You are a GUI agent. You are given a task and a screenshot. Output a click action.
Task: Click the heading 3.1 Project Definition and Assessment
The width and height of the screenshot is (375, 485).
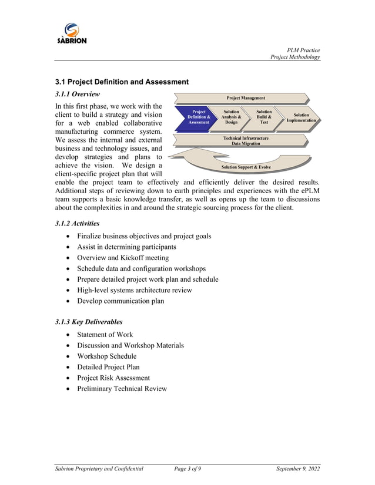pos(122,82)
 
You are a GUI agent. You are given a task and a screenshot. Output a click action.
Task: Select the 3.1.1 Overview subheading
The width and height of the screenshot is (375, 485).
pos(78,94)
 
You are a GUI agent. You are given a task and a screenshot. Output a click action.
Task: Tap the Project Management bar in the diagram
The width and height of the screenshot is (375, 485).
pos(246,98)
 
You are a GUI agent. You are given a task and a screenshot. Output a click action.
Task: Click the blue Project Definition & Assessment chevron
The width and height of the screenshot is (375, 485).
pos(198,117)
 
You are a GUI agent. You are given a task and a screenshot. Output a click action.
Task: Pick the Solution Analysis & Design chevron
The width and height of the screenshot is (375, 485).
pos(231,117)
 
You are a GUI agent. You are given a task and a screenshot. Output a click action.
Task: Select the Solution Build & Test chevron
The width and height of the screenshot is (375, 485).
pos(264,117)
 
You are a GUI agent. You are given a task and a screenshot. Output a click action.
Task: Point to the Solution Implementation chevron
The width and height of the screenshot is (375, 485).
pos(301,117)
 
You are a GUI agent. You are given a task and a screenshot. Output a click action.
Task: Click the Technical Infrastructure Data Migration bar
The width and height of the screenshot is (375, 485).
pos(246,140)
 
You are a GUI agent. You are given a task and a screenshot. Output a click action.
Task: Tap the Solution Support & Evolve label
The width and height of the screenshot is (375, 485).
pos(246,167)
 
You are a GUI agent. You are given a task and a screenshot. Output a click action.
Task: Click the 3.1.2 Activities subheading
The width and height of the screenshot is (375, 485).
pos(77,223)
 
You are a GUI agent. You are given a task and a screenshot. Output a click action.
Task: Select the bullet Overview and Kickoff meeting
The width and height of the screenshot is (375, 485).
pos(123,258)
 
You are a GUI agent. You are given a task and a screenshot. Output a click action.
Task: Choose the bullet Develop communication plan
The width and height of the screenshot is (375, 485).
pos(120,301)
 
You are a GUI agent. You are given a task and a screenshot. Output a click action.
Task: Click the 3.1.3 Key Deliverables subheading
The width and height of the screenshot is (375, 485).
pos(89,322)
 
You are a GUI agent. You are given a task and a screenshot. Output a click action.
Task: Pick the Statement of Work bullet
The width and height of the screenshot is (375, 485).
pos(105,335)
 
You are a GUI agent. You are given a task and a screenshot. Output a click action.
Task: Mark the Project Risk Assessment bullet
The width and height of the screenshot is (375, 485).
pos(113,378)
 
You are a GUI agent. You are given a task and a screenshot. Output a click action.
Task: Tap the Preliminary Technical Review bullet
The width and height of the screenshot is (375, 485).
pos(122,389)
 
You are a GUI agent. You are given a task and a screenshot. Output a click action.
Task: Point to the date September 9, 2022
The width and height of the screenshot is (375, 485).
pos(298,468)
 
